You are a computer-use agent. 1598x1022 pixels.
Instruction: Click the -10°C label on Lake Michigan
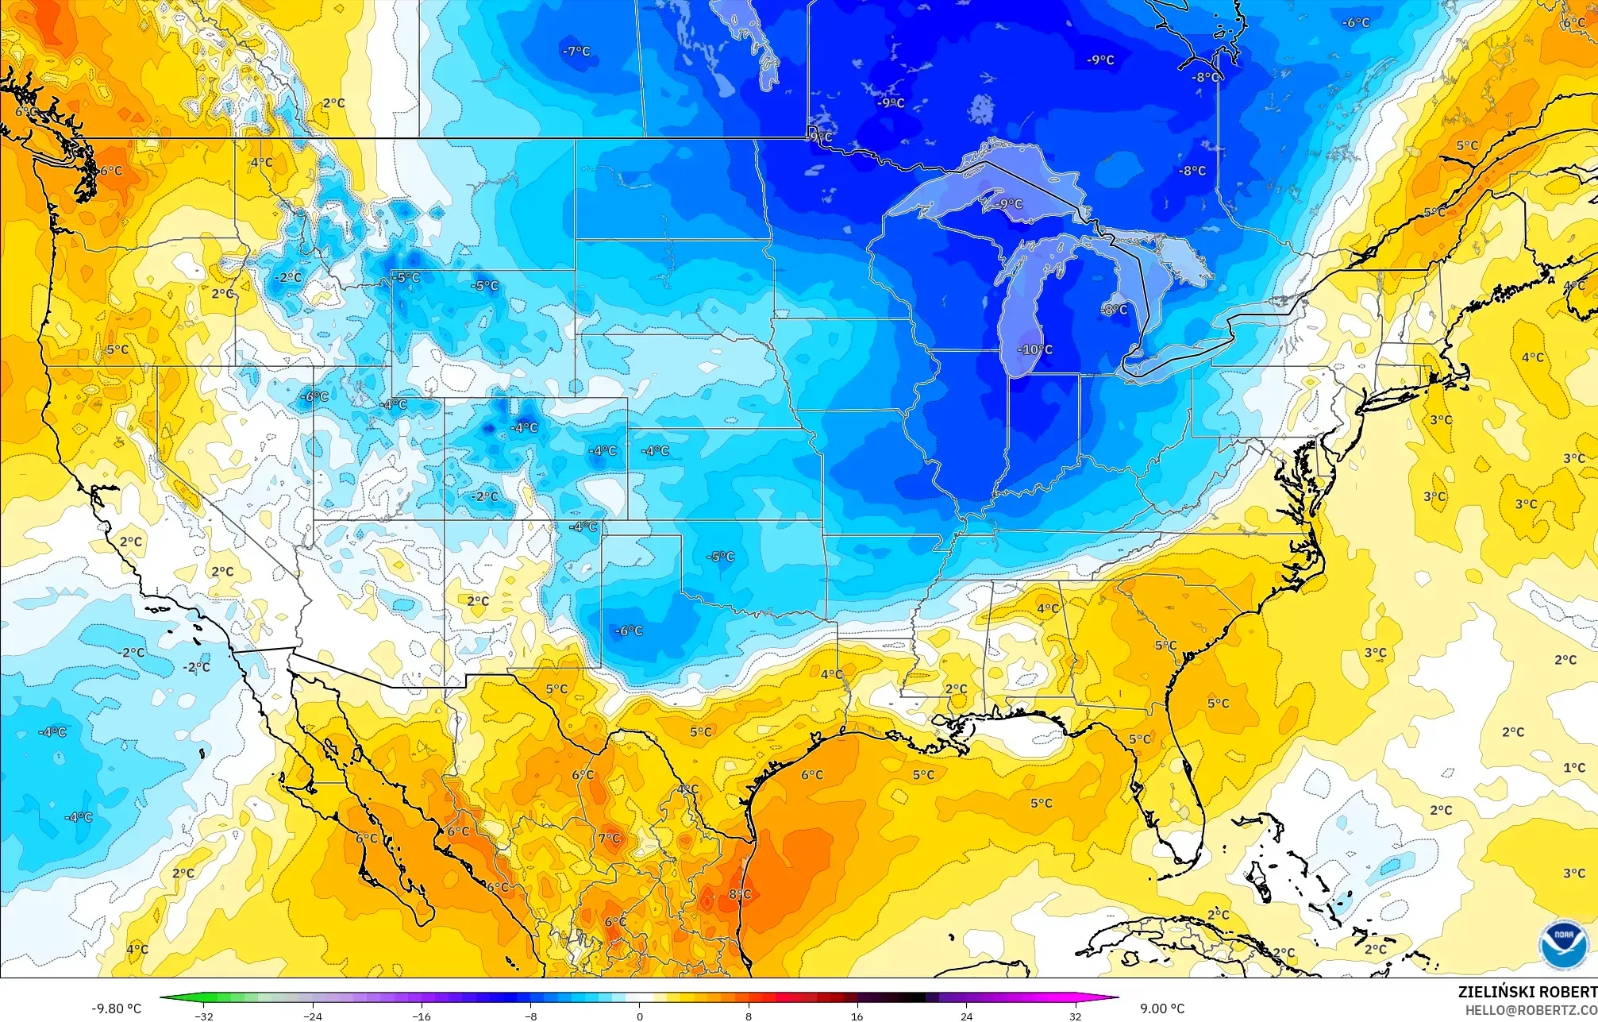[x=1035, y=349]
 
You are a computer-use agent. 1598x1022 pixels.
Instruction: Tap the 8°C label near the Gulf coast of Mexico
[x=740, y=894]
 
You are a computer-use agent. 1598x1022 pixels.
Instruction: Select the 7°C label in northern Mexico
[x=610, y=839]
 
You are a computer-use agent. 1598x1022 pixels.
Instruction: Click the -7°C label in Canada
[x=576, y=52]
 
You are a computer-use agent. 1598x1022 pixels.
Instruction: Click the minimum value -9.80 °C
[x=117, y=1009]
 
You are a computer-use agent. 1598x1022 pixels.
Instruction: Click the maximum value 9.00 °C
[x=1162, y=1009]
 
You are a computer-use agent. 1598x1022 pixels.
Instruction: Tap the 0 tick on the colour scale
[x=640, y=1016]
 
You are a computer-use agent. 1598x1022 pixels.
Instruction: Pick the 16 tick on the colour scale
[x=857, y=1016]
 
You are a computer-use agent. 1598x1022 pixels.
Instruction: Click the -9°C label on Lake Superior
[x=1009, y=204]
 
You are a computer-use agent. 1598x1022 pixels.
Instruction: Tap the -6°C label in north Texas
[x=629, y=631]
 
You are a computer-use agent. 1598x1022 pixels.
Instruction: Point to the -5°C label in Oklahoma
[x=720, y=557]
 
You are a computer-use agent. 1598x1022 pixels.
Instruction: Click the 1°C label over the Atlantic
[x=1574, y=768]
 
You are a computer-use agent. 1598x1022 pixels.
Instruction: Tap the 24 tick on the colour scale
[x=966, y=1016]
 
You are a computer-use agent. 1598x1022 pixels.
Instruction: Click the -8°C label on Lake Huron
[x=1114, y=309]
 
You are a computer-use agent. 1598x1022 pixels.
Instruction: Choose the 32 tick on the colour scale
[x=1075, y=1016]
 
